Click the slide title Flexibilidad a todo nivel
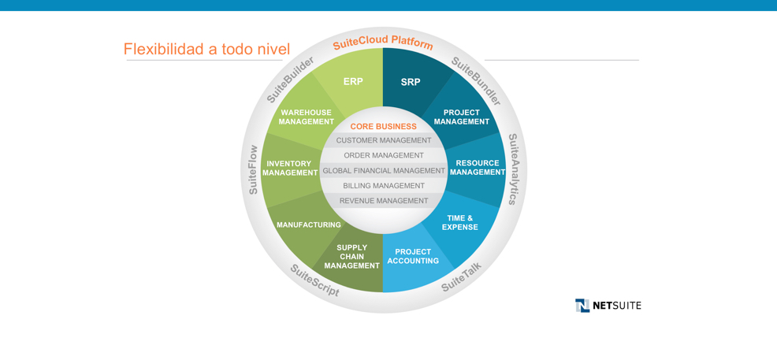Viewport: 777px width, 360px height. (206, 49)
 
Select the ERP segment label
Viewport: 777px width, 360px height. (353, 82)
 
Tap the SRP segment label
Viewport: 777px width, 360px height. (411, 82)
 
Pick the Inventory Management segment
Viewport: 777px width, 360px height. (290, 169)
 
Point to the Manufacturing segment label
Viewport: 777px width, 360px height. (309, 225)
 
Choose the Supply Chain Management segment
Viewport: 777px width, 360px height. (351, 256)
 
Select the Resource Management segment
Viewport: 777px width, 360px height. (478, 167)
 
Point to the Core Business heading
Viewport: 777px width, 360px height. (384, 126)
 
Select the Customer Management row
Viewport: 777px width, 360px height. (384, 140)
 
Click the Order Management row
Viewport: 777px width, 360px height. (384, 155)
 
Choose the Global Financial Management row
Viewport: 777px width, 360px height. (384, 170)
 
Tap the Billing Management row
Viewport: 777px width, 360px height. (384, 186)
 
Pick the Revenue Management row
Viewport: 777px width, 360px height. (384, 201)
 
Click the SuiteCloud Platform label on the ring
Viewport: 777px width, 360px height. (383, 42)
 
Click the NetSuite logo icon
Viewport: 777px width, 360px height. (582, 305)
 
